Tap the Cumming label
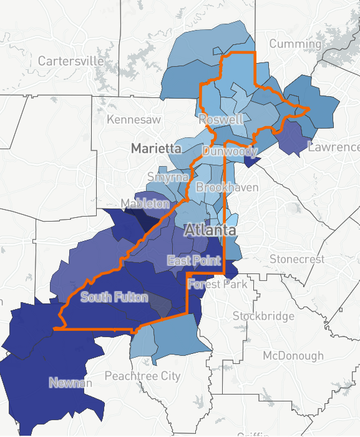[x=295, y=44]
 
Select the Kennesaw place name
[x=134, y=119]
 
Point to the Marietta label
[x=156, y=149]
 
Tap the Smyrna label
[x=168, y=177]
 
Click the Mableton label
[x=145, y=204]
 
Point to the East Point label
[x=193, y=260]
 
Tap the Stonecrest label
[x=297, y=258]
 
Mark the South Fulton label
[x=115, y=297]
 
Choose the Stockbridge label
[x=263, y=317]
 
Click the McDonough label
[x=293, y=356]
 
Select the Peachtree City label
[x=142, y=376]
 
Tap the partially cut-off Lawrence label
[x=334, y=147]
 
